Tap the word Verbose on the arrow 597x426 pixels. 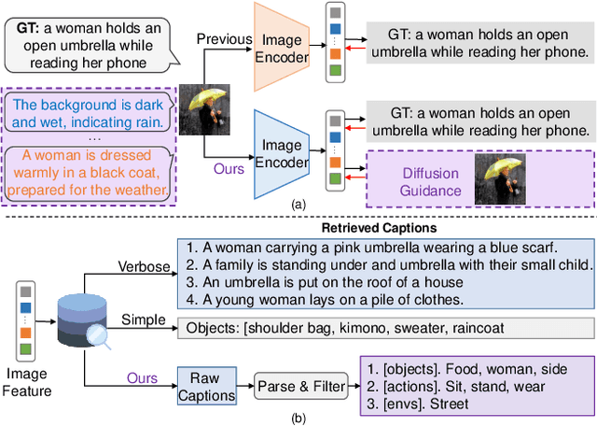145,266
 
